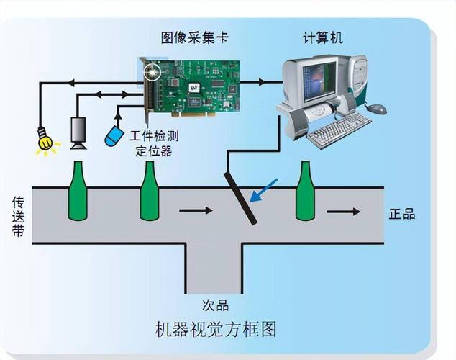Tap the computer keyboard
pyautogui.click(x=339, y=130)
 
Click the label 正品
pyautogui.click(x=401, y=214)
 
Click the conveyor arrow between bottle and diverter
pyautogui.click(x=195, y=211)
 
